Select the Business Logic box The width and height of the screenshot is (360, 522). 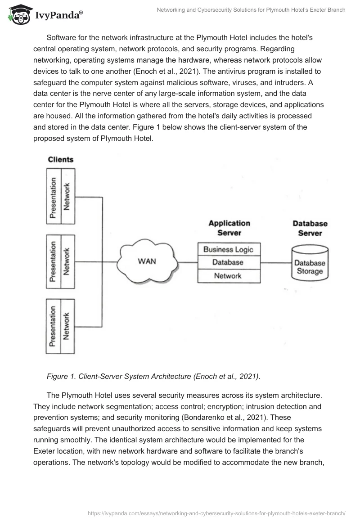(229, 249)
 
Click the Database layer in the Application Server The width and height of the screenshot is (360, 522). (229, 262)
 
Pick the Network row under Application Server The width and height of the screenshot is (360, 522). (229, 276)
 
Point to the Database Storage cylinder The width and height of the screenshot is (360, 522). (310, 262)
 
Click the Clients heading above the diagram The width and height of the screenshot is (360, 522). (61, 159)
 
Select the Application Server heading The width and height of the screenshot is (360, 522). (229, 228)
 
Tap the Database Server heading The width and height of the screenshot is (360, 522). (310, 228)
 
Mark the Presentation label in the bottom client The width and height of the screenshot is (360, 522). (54, 326)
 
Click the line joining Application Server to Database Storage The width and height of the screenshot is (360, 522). (275, 262)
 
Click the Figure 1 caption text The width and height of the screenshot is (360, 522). (153, 377)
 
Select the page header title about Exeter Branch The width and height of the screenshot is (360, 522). (251, 10)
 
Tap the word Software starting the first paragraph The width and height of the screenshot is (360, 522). (62, 37)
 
